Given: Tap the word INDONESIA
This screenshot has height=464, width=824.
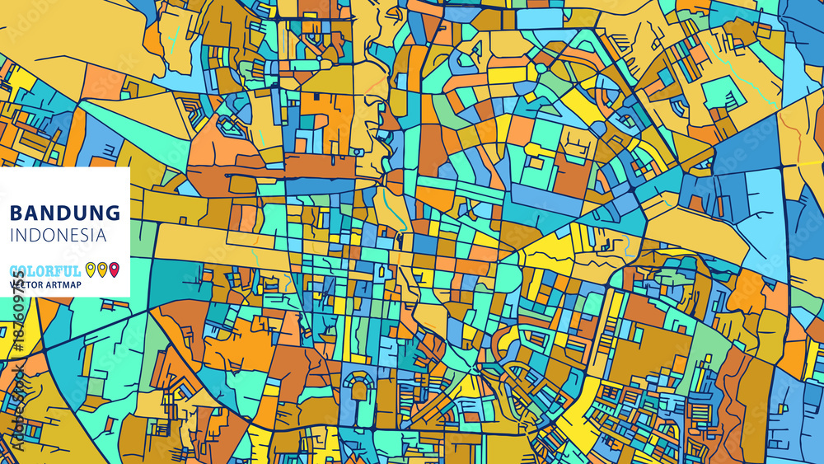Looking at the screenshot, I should tap(58, 235).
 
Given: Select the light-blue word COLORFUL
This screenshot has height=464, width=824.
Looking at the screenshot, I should tap(45, 270).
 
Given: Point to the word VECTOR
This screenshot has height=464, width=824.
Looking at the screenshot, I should tap(26, 284).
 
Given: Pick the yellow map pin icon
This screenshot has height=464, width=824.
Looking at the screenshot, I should tap(91, 269).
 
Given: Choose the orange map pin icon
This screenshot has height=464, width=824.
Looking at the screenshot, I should tap(102, 269).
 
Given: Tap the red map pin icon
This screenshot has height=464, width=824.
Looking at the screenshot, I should tap(114, 269).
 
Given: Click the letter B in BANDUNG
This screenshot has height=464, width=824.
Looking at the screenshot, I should tap(16, 213).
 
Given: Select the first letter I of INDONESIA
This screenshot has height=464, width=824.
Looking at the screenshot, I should tap(12, 235).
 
